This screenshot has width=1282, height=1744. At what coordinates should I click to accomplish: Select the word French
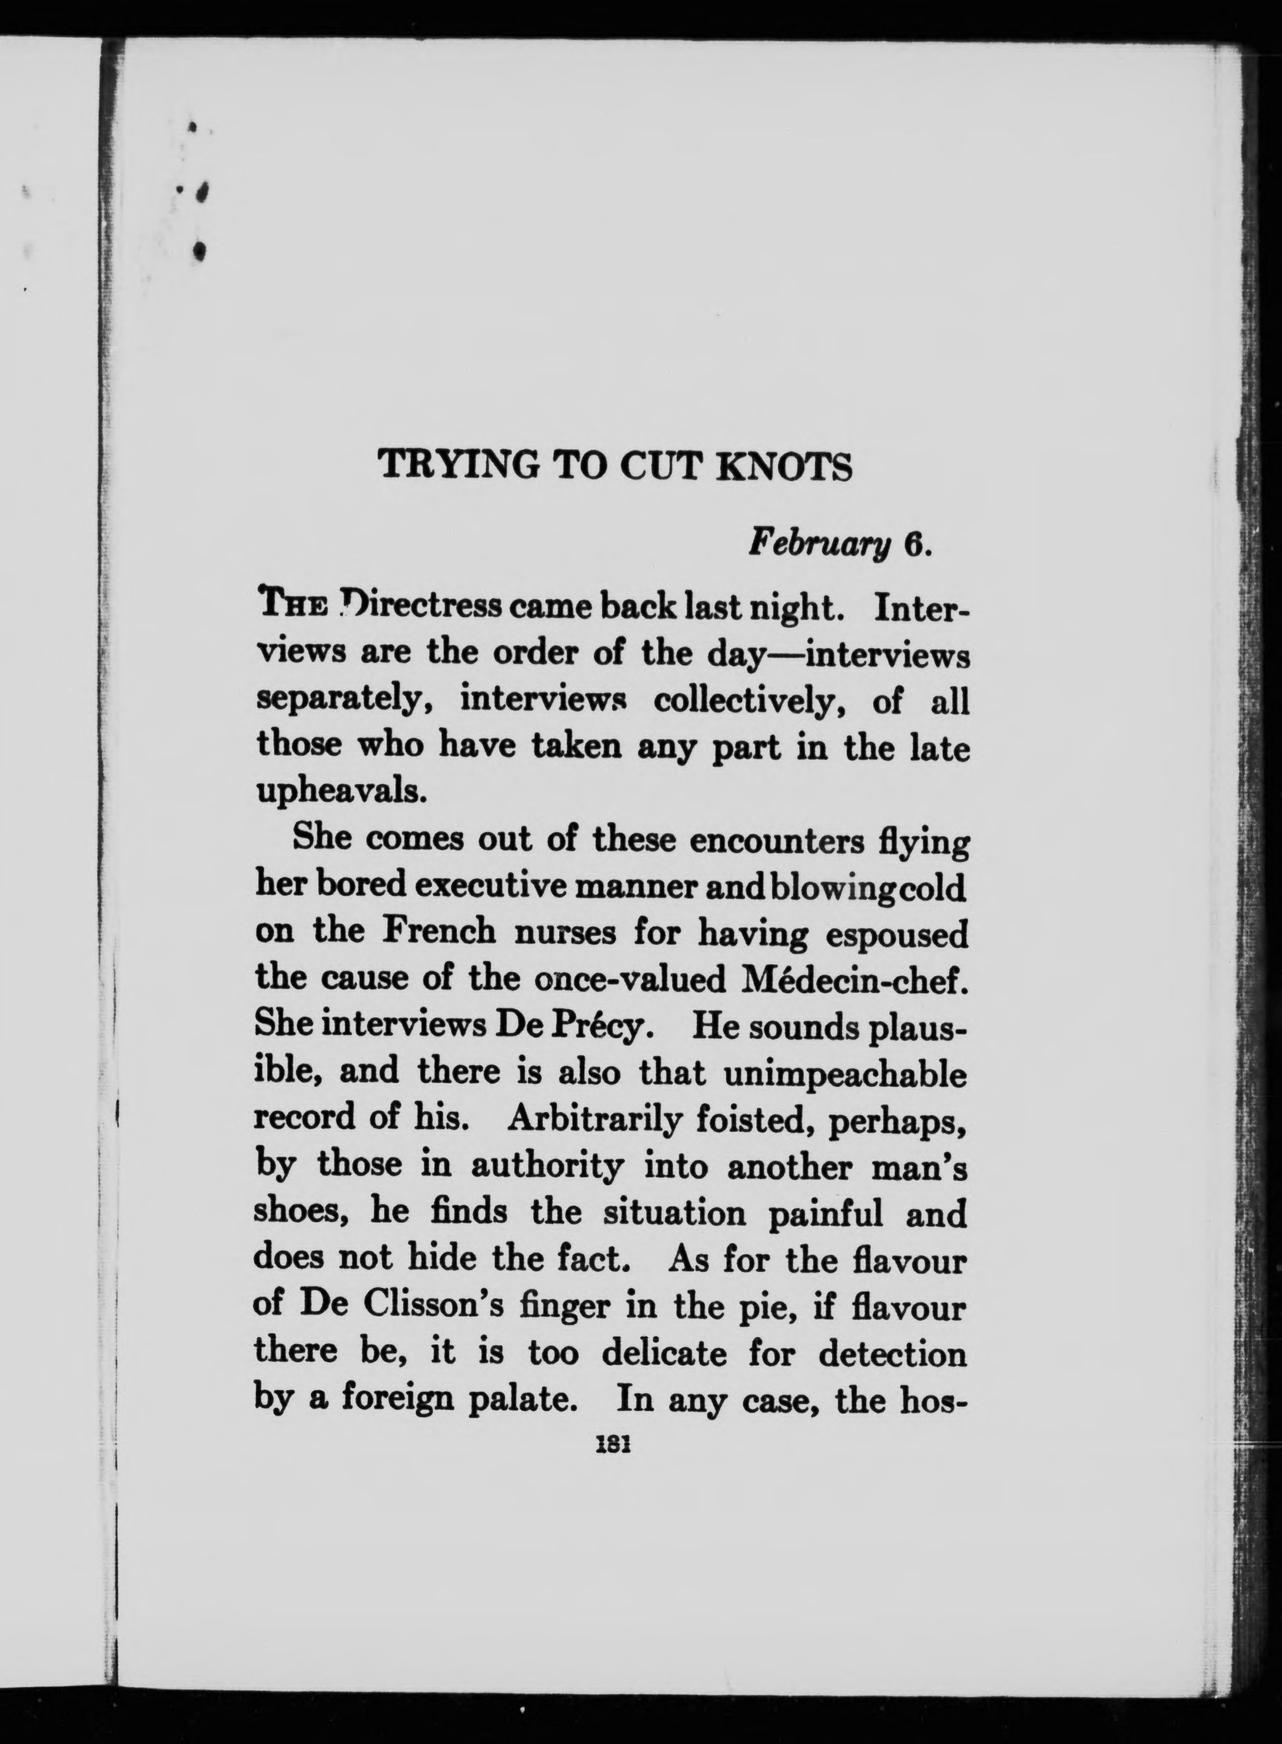coord(439,931)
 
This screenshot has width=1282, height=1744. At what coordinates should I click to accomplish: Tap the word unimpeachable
coord(845,1073)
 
